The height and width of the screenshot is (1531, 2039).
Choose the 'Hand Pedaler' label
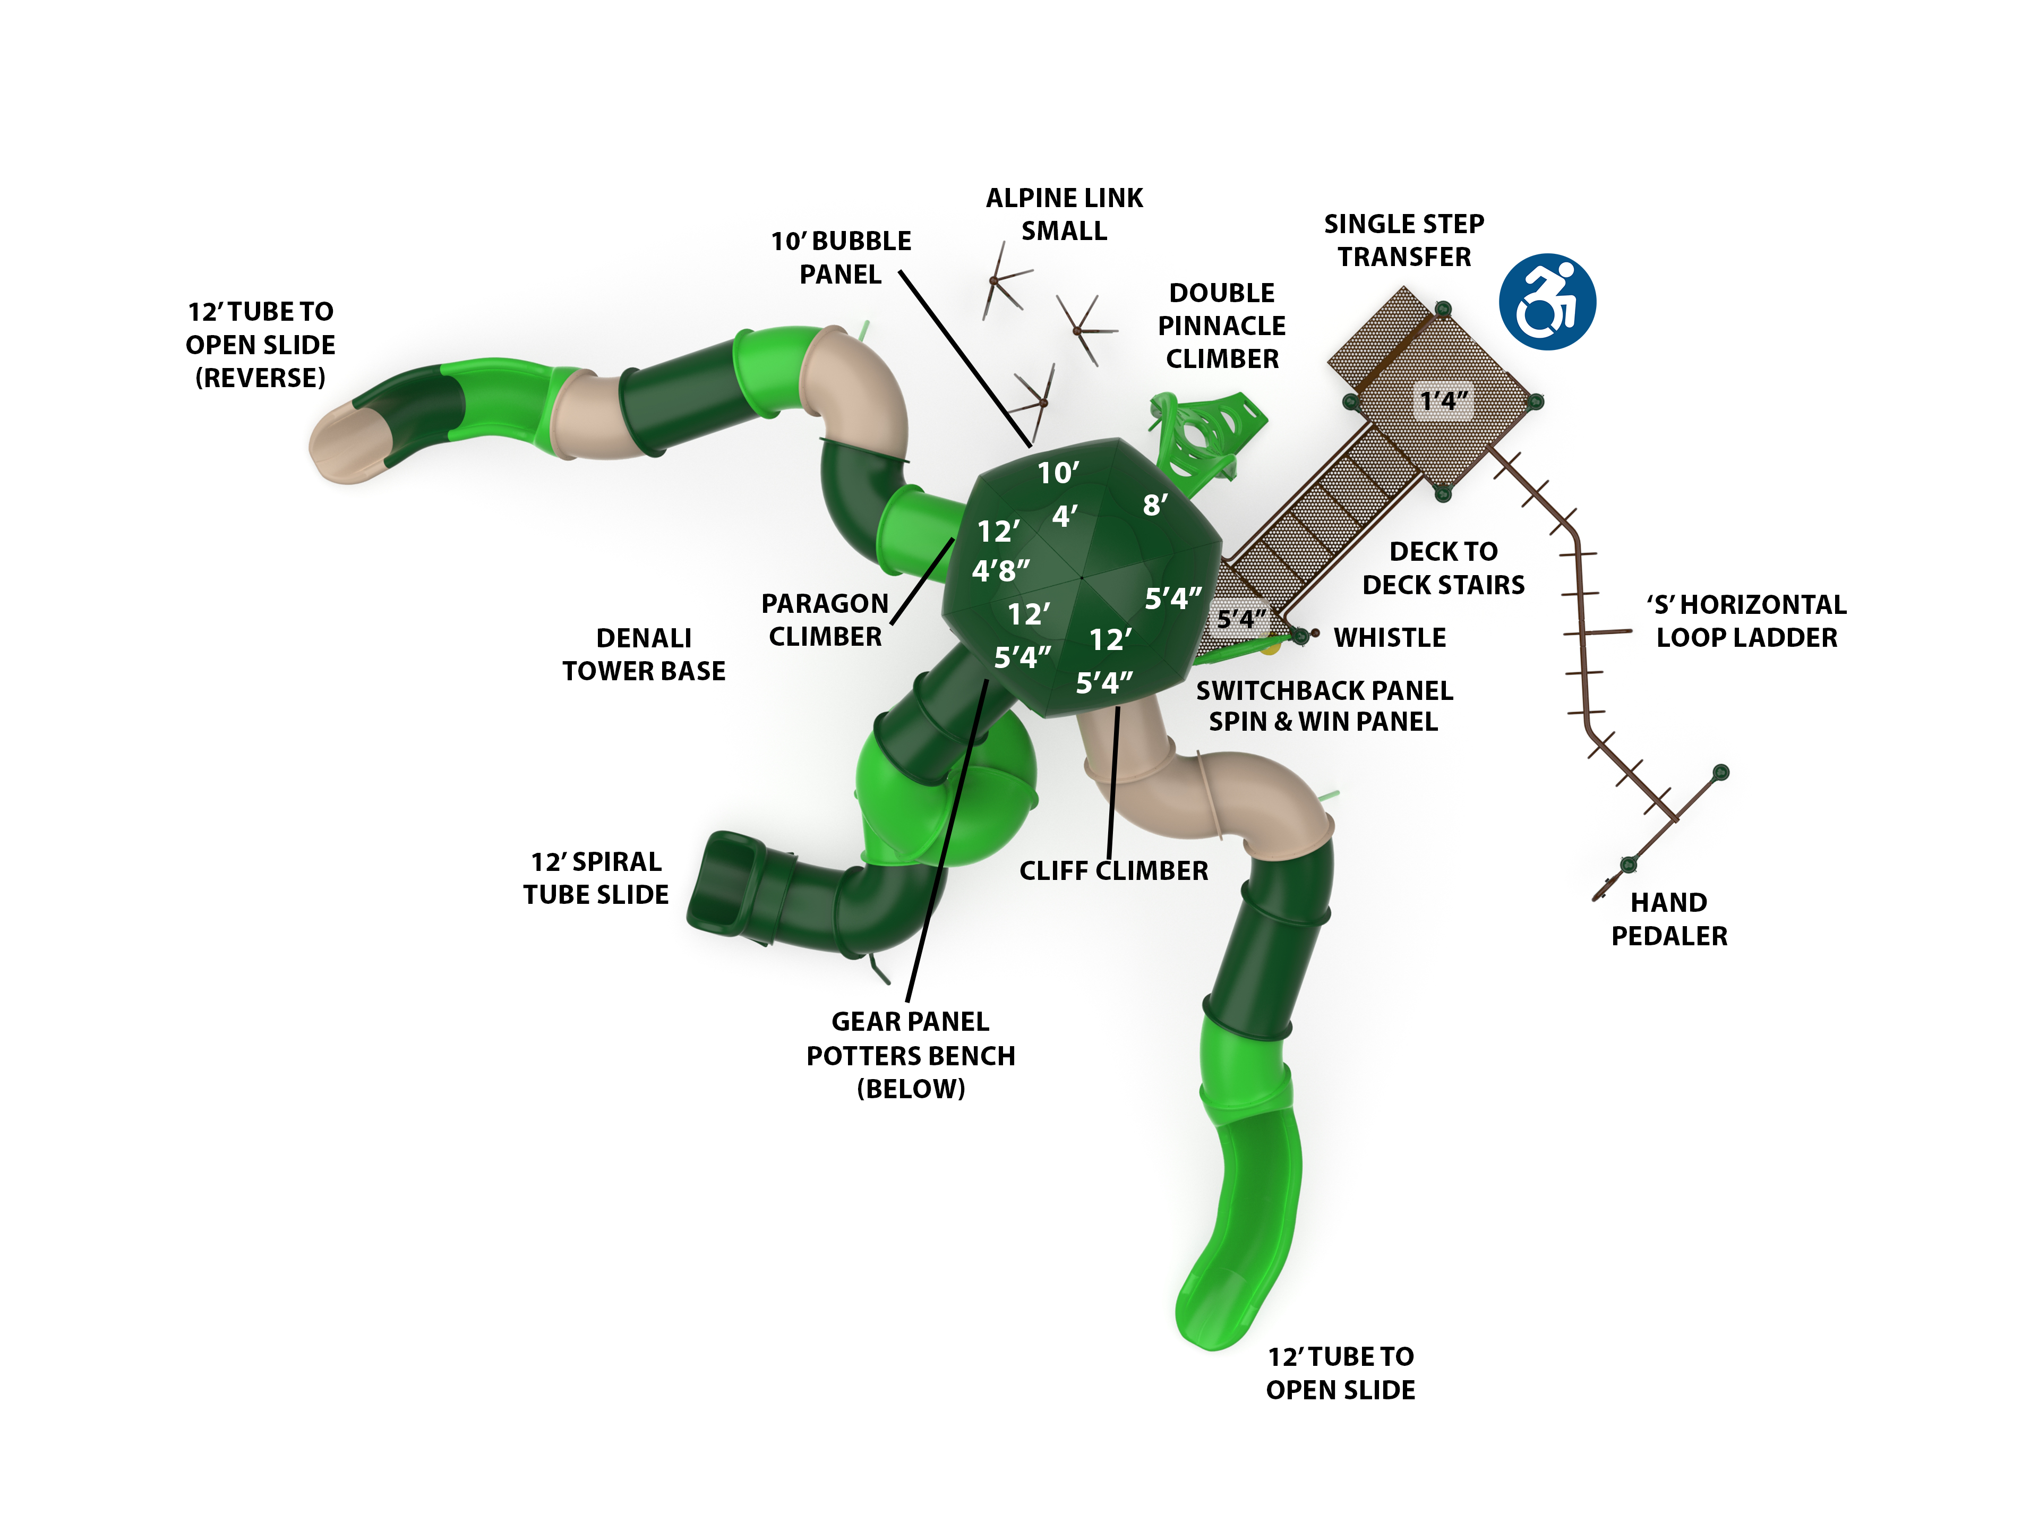(1668, 919)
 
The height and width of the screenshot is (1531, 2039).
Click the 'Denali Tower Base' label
(644, 654)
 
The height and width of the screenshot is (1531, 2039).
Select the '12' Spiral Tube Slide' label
(595, 877)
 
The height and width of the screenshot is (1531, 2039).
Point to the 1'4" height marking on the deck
(1444, 401)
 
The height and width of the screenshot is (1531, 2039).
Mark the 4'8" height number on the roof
(1001, 570)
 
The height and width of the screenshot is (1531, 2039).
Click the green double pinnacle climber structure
(1203, 438)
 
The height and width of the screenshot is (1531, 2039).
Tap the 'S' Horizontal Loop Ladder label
(1746, 620)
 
